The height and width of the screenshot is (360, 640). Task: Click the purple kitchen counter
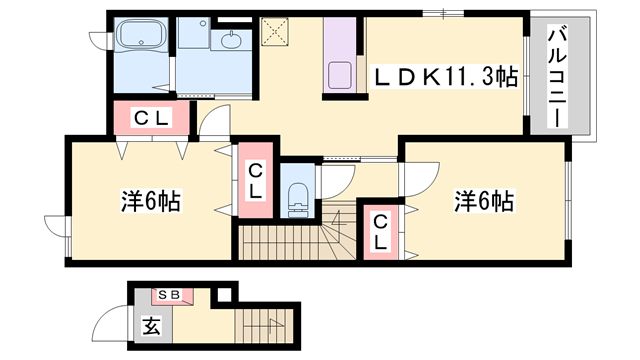(x=339, y=60)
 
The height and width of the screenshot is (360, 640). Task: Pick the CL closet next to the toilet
(x=255, y=181)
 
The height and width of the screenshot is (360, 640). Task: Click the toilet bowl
(x=297, y=198)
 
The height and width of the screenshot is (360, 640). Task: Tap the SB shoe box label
(x=167, y=296)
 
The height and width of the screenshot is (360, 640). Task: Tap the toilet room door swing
(x=334, y=178)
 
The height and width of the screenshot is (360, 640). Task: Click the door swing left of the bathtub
(x=101, y=40)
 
